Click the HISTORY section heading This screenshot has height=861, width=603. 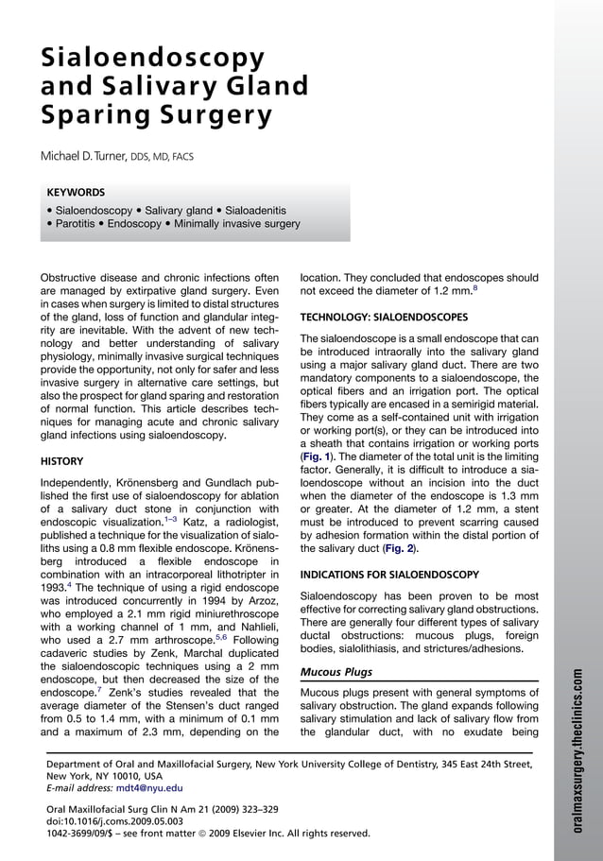61,462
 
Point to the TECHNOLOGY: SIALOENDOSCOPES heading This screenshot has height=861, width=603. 383,317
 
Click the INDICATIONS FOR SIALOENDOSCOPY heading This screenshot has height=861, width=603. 389,575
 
